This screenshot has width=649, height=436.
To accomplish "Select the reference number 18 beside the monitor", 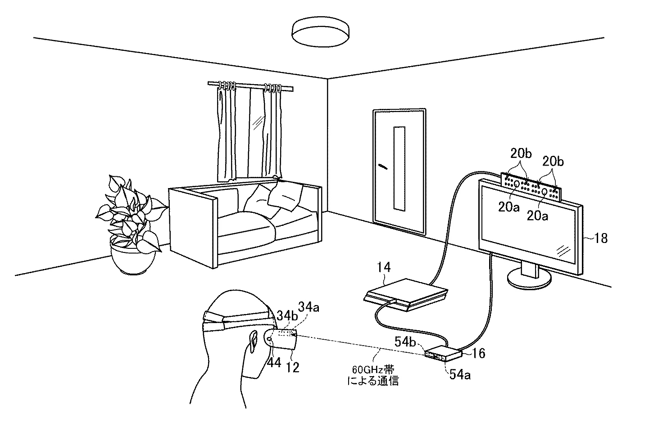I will coord(601,238).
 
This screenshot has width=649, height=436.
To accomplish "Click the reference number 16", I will coord(478,353).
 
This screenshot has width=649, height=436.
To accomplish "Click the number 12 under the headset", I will coord(293,367).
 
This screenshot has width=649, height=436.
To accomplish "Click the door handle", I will coord(382,166).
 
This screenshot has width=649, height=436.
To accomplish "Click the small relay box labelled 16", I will coord(444,354).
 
